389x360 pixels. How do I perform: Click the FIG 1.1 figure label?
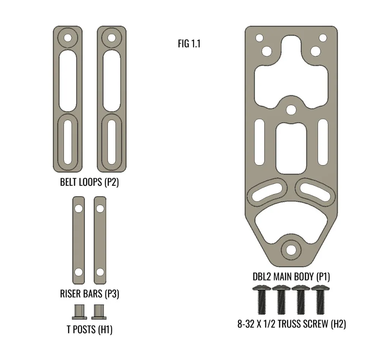click(x=189, y=44)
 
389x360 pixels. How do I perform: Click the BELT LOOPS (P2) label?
click(x=90, y=182)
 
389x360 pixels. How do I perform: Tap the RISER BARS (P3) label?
click(x=90, y=294)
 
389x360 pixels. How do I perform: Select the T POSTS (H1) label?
click(x=90, y=330)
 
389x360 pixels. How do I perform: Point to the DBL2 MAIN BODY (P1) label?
click(x=291, y=277)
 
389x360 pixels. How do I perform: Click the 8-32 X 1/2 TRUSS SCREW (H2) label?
click(x=291, y=324)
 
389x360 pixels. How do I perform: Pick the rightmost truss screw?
click(x=320, y=300)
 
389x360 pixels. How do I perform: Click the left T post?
click(x=79, y=312)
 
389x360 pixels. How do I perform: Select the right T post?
click(x=99, y=312)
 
